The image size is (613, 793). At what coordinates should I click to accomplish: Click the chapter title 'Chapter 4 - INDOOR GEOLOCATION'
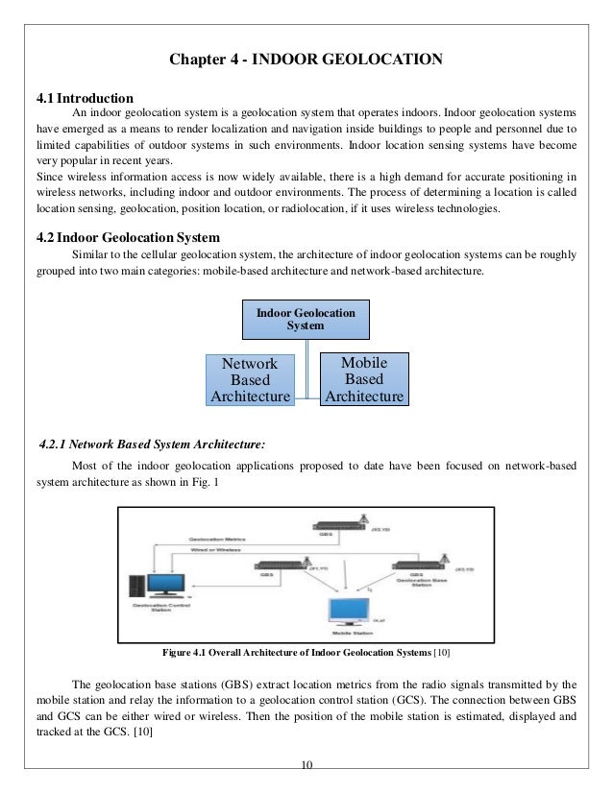click(x=306, y=62)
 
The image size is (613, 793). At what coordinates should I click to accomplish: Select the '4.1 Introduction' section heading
click(x=85, y=98)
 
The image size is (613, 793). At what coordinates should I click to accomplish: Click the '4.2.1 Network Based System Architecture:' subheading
click(x=150, y=445)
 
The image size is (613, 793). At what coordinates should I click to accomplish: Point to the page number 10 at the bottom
click(x=306, y=764)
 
